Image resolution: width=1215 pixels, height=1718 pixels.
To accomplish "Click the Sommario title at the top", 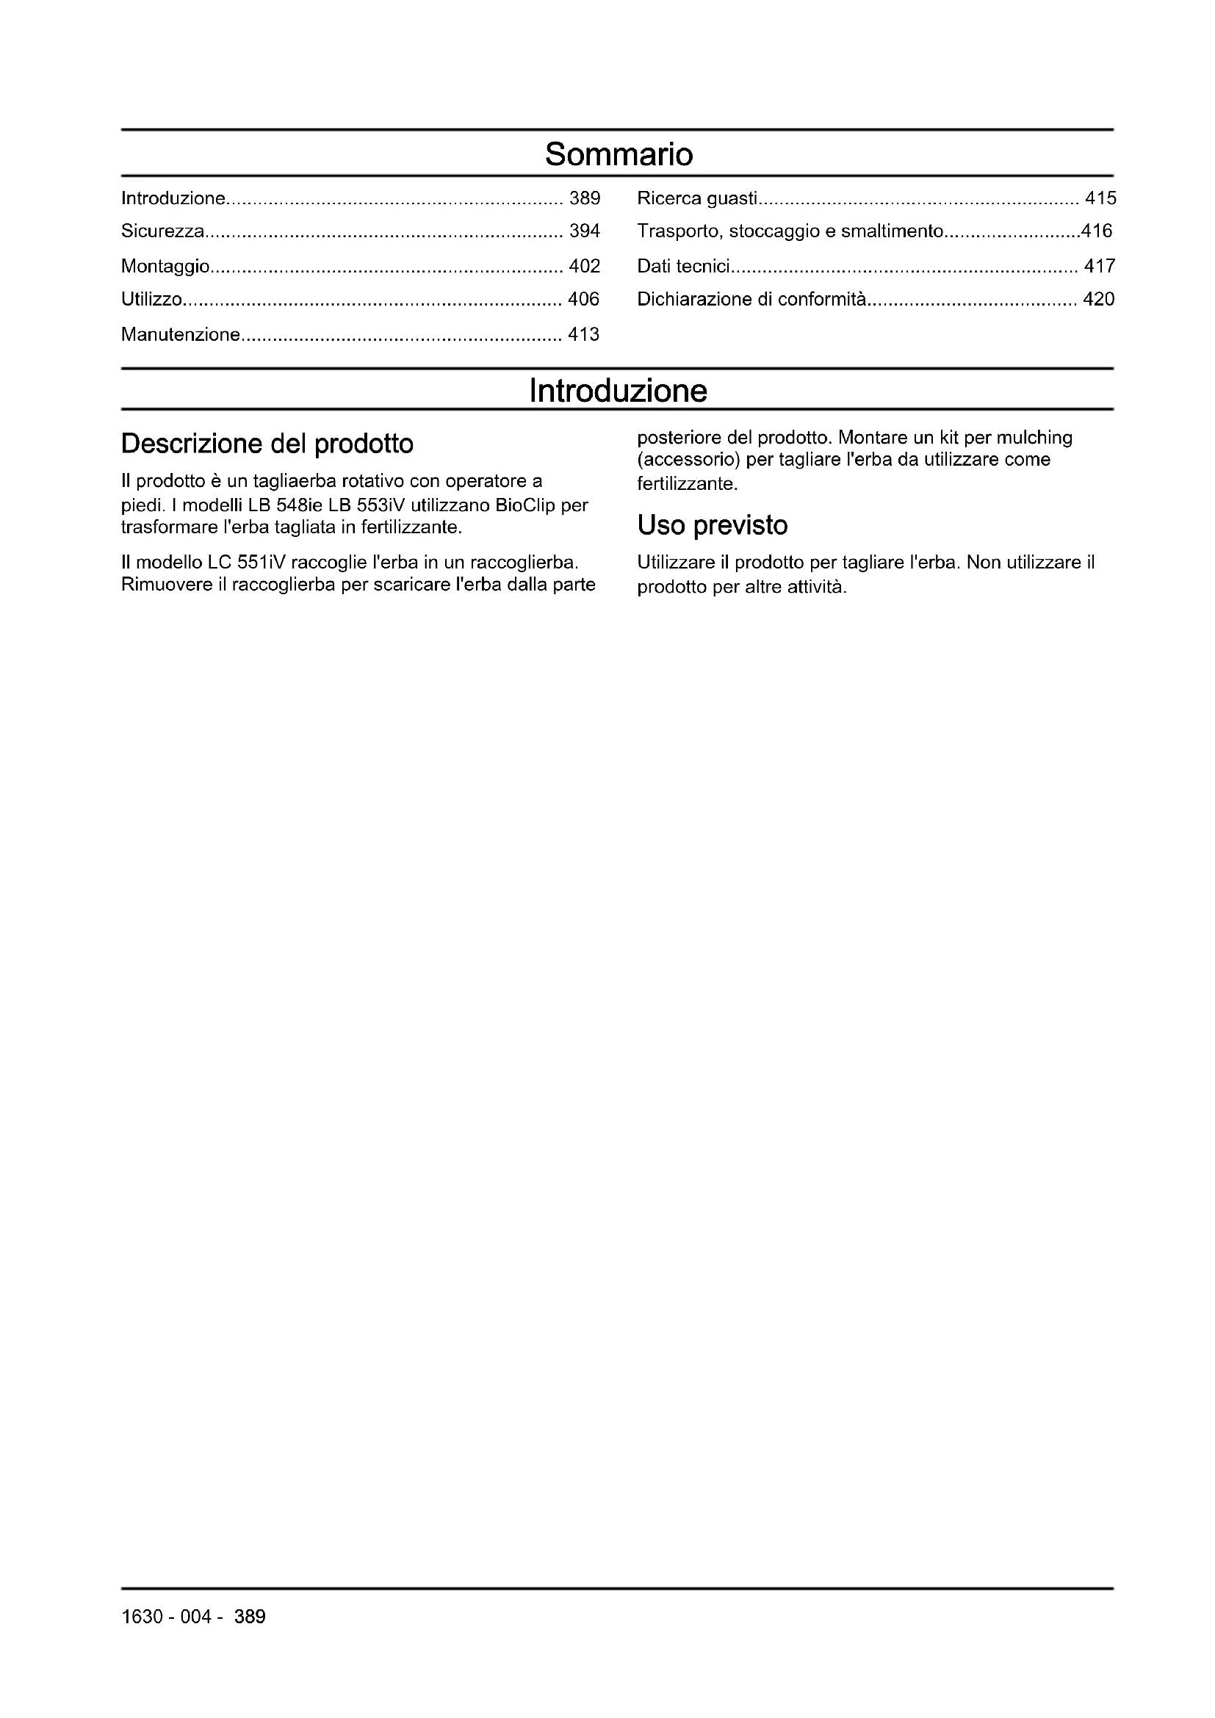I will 619,154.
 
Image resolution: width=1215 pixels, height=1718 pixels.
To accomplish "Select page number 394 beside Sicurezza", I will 584,231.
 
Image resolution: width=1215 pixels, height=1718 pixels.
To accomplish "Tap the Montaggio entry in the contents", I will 165,266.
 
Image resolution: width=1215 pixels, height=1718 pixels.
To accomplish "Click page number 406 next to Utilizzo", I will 583,299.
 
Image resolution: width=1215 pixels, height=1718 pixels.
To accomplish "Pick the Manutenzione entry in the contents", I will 180,334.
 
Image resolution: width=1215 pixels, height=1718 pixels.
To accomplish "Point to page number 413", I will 583,334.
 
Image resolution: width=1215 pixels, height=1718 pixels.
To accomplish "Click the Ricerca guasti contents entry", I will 697,198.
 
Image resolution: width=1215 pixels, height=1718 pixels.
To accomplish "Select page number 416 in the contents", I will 1097,231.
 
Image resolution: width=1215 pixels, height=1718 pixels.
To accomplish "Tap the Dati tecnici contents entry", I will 683,266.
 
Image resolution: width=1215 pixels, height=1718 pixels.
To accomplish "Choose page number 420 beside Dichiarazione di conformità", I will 1098,299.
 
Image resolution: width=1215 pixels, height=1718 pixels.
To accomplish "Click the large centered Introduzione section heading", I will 618,391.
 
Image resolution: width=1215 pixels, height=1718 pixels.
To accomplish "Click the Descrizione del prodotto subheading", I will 267,444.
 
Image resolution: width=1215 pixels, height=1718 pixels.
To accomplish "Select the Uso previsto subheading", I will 713,525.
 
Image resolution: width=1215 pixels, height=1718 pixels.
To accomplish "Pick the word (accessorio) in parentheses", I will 688,459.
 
